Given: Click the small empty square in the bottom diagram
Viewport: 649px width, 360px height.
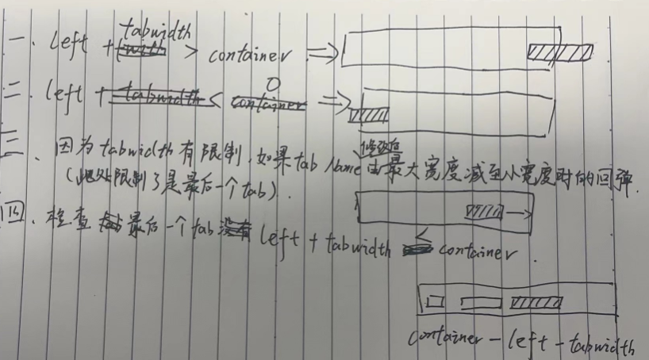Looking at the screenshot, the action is coord(433,302).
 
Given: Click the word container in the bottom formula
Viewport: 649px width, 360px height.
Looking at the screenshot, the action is coord(445,339).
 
